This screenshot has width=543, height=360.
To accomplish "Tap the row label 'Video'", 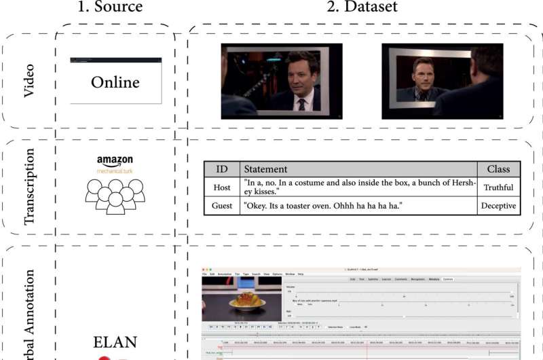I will (29, 81).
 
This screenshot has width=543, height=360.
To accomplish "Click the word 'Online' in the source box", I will (115, 82).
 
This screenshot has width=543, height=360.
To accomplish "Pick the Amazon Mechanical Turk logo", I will (115, 164).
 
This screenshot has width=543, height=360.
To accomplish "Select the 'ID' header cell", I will (222, 169).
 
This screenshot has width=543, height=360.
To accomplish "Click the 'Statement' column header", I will (266, 169).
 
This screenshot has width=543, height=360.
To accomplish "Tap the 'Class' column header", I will (498, 169).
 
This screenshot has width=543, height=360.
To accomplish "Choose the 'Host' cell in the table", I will (222, 187).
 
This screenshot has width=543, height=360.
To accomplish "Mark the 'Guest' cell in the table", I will (222, 206).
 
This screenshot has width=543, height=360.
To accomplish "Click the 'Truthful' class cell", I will (499, 187).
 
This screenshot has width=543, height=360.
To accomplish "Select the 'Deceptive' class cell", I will (499, 206).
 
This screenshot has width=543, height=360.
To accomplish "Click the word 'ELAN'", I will (115, 342).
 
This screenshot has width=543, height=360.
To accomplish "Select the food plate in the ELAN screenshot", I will (246, 301).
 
